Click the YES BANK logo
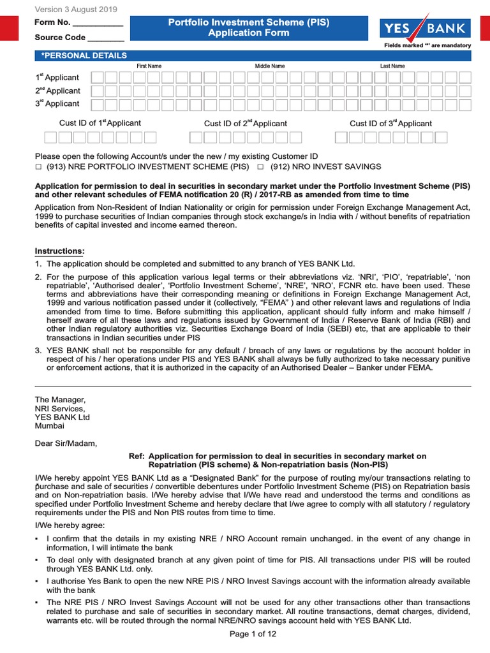click(x=425, y=29)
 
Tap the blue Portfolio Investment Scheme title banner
click(x=248, y=27)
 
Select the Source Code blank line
click(x=105, y=38)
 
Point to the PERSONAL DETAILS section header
click(x=84, y=55)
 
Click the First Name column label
click(x=149, y=66)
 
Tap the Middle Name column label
click(x=270, y=66)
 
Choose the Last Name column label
click(x=392, y=66)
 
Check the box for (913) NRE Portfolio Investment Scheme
click(x=38, y=166)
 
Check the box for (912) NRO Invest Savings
click(x=260, y=166)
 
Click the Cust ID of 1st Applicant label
click(x=100, y=123)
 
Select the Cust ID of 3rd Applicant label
click(x=390, y=123)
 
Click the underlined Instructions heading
click(x=59, y=251)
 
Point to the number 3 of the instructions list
click(x=38, y=350)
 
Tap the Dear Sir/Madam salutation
click(x=66, y=443)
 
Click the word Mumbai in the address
click(x=49, y=425)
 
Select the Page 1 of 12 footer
click(x=253, y=634)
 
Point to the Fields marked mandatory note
click(x=427, y=46)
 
